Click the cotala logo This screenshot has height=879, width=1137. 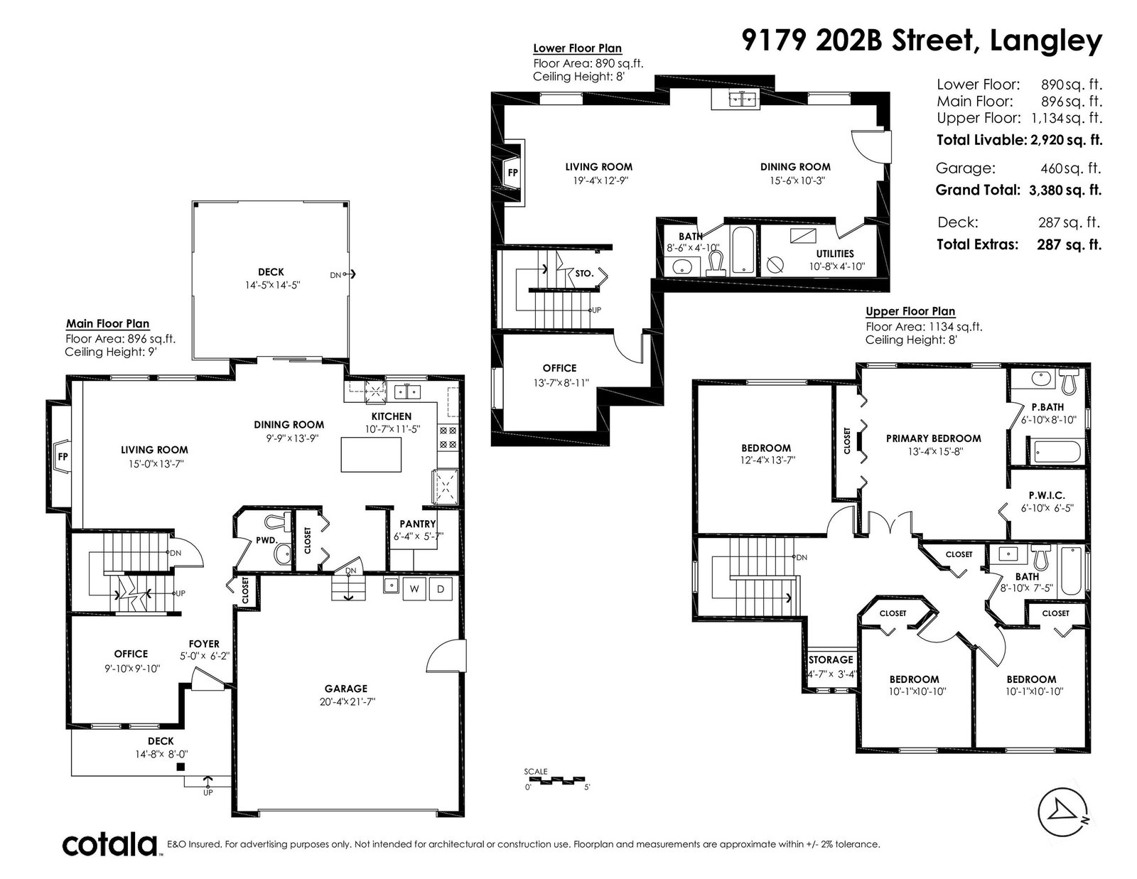pos(110,844)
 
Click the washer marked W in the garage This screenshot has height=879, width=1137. pos(414,589)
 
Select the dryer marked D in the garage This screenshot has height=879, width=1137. pos(441,589)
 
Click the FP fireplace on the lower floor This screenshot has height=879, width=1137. pos(512,172)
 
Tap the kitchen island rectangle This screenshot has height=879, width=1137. pos(371,454)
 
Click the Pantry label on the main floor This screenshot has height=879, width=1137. pos(418,524)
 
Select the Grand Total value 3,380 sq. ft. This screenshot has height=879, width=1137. pos(1065,190)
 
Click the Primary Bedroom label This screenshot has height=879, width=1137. pos(934,438)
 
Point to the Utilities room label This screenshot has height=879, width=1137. pos(835,253)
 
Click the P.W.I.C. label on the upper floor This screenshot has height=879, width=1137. pos(1047,495)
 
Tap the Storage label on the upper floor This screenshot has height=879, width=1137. pos(831,659)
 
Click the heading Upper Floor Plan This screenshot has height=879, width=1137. pos(910,311)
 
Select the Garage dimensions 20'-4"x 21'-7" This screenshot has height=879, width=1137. pos(347,701)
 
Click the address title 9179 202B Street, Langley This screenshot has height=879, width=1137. pos(922,41)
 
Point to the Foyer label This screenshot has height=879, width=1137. pos(204,644)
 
